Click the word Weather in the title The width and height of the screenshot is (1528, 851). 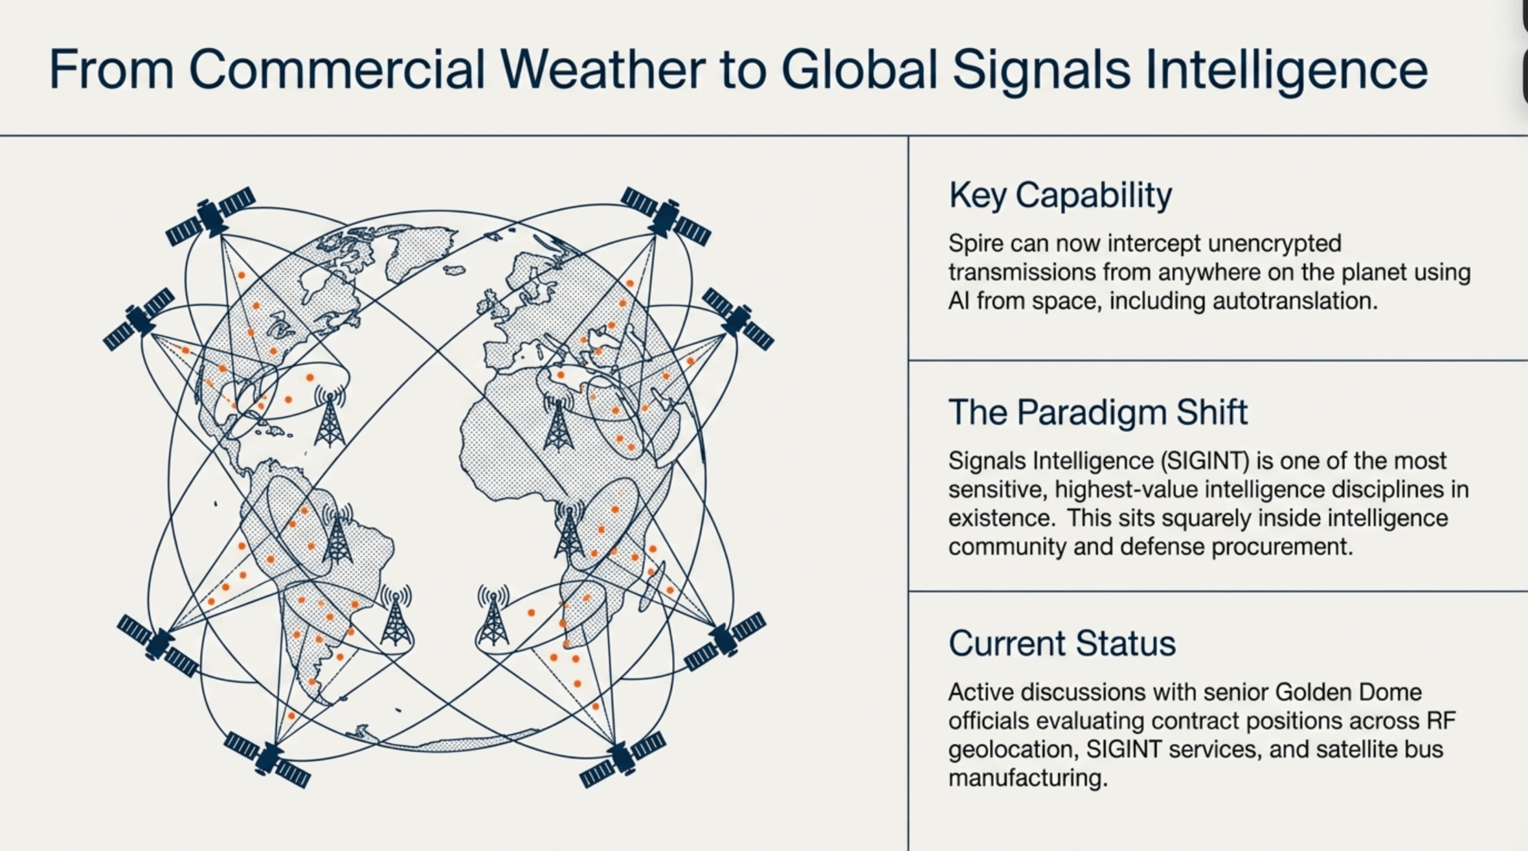tap(603, 70)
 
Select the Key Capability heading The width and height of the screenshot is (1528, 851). tap(1060, 195)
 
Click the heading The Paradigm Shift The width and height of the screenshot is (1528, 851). tap(1098, 412)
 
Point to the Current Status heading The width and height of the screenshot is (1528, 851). tap(1062, 643)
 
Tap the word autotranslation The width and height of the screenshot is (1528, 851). tap(1295, 300)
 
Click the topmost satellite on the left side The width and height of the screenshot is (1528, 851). tap(210, 216)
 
